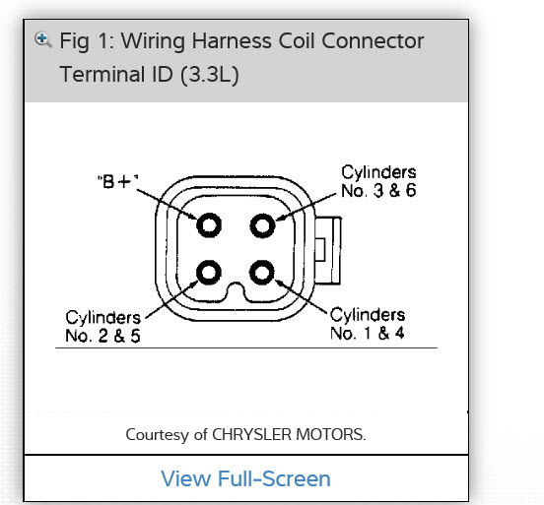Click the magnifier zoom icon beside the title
coord(43,39)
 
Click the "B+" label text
coord(118,181)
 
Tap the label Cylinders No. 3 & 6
coord(378,181)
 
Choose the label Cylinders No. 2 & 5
coord(103,327)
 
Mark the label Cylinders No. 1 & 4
coord(368,324)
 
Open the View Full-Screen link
coord(245,478)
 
